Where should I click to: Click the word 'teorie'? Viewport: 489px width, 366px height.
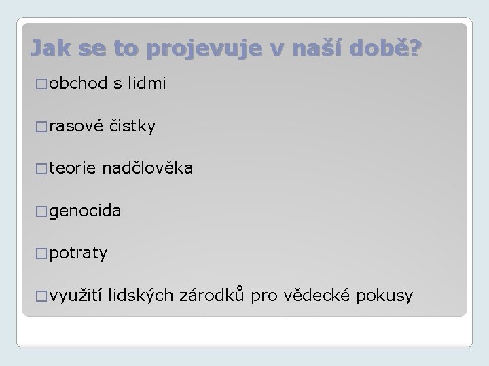[x=72, y=169]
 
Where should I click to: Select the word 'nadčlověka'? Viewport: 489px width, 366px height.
[x=148, y=169]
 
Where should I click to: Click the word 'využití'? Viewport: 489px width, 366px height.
[x=75, y=296]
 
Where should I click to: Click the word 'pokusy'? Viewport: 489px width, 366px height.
[x=386, y=296]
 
